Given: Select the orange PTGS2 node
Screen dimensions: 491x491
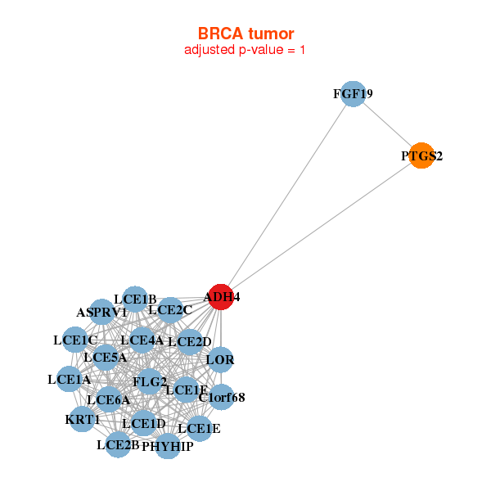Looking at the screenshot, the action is pyautogui.click(x=421, y=155).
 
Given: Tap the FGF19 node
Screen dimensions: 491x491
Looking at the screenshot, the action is pyautogui.click(x=352, y=93).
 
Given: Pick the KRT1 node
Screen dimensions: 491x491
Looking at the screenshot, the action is pyautogui.click(x=83, y=419).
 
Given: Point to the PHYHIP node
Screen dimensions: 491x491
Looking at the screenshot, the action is pyautogui.click(x=168, y=446).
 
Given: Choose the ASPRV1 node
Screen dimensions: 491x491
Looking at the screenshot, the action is pyautogui.click(x=101, y=312).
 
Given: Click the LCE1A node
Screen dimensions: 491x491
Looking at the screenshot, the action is pyautogui.click(x=69, y=380).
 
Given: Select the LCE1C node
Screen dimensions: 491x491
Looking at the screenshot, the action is pyautogui.click(x=75, y=340).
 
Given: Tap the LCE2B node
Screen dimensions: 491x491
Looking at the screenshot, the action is pyautogui.click(x=119, y=445).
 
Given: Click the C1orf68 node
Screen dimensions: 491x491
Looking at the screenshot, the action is pyautogui.click(x=221, y=398).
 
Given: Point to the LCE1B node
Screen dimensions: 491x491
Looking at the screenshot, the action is pyautogui.click(x=135, y=299).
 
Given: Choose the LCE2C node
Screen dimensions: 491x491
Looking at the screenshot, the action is pyautogui.click(x=169, y=309).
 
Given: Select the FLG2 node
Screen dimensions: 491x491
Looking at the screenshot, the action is pyautogui.click(x=150, y=381).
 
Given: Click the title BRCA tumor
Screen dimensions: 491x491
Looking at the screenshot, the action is pyautogui.click(x=245, y=34).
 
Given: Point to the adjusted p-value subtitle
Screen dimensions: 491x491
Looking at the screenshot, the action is pyautogui.click(x=245, y=50).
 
